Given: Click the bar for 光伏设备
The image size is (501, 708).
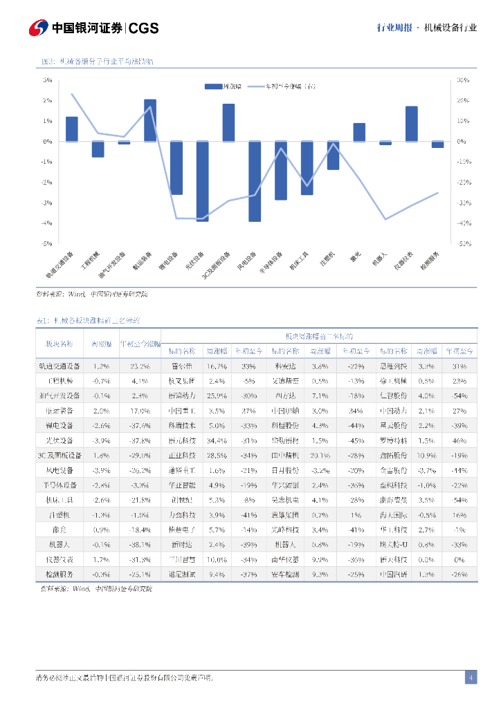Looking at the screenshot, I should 202,181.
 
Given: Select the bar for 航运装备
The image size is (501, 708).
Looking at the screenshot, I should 150,120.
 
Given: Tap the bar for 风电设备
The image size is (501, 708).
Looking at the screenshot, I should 255,181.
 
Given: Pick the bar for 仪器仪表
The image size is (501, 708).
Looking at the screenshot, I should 411,124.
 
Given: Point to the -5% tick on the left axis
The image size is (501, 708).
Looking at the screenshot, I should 48,243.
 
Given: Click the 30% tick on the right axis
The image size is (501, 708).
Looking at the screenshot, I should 462,80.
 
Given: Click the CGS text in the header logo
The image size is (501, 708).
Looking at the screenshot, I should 144,28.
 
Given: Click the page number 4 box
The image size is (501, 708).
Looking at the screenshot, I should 471,677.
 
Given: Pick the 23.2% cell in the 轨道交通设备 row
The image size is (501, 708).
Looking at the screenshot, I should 140,366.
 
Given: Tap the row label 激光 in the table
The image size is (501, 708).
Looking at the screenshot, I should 59,530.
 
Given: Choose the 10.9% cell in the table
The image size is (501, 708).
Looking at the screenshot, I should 426,455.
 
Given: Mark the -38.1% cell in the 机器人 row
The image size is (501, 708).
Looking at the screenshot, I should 140,545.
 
